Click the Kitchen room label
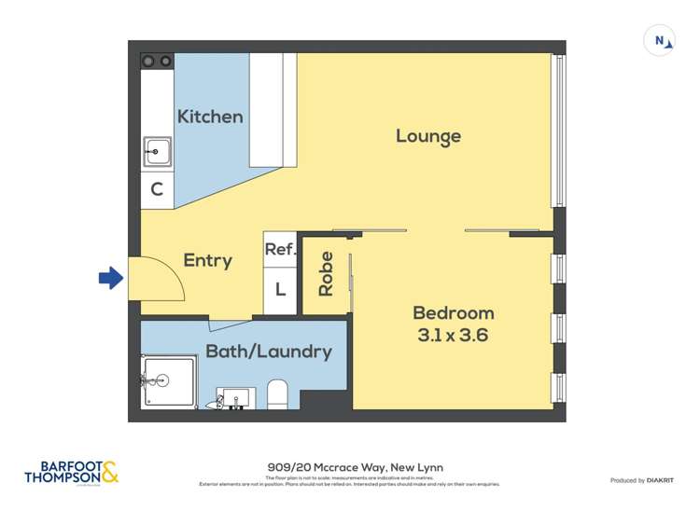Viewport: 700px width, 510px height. pos(210,117)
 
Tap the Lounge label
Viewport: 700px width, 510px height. pos(428,136)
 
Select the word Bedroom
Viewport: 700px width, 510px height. pos(454,313)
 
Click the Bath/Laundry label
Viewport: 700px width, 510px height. pos(269,351)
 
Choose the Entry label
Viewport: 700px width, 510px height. pos(207,261)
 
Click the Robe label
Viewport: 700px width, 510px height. pos(326,274)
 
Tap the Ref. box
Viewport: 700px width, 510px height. pos(280,249)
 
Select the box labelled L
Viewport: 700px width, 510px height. pos(280,289)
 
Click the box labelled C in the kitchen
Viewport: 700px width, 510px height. pos(157,189)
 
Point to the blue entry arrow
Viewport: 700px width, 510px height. pos(111,277)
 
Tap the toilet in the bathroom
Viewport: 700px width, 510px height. pos(278,393)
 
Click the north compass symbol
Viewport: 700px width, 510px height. pos(659,40)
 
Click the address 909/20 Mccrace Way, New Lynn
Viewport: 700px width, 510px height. pos(350,467)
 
